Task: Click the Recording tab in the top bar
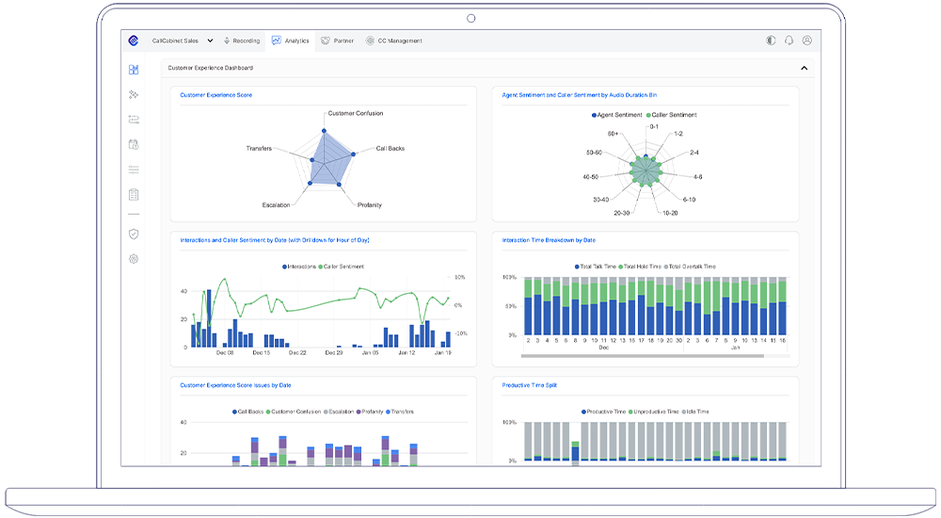(242, 40)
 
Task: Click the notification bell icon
(789, 40)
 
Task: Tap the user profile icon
(806, 40)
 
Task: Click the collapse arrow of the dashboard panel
(804, 68)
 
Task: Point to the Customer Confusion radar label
(355, 113)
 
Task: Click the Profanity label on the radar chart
(370, 204)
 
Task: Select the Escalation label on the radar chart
(276, 204)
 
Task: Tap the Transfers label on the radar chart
(259, 148)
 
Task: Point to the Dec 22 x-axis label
(297, 353)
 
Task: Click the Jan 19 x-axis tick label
(442, 353)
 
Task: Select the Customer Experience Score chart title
(215, 95)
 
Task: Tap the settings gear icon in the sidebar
(134, 258)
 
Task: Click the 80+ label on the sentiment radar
(613, 134)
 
